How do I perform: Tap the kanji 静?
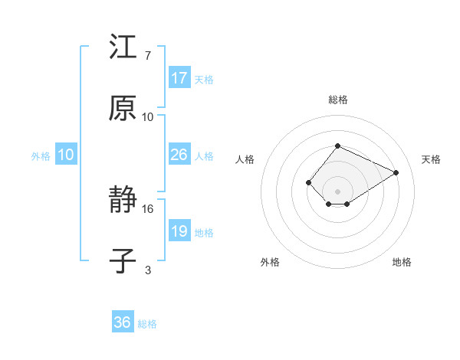[x=123, y=201]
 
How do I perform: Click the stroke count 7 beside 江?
[x=147, y=56]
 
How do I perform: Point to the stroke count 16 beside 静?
[x=148, y=208]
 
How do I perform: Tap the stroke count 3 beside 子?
[x=148, y=270]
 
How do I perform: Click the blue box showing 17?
[x=179, y=78]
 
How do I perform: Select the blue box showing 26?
[x=179, y=155]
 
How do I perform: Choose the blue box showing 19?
[x=179, y=231]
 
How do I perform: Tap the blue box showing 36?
[x=123, y=322]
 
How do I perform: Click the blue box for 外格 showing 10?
[x=66, y=155]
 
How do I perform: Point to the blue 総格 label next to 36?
[x=147, y=324]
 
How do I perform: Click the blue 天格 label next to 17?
[x=204, y=80]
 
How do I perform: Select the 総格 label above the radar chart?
[x=337, y=100]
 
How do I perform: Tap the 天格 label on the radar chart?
[x=431, y=159]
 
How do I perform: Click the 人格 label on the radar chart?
[x=245, y=159]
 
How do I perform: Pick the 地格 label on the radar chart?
[x=402, y=262]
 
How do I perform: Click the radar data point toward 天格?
[x=396, y=172]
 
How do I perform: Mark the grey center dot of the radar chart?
[x=337, y=191]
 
